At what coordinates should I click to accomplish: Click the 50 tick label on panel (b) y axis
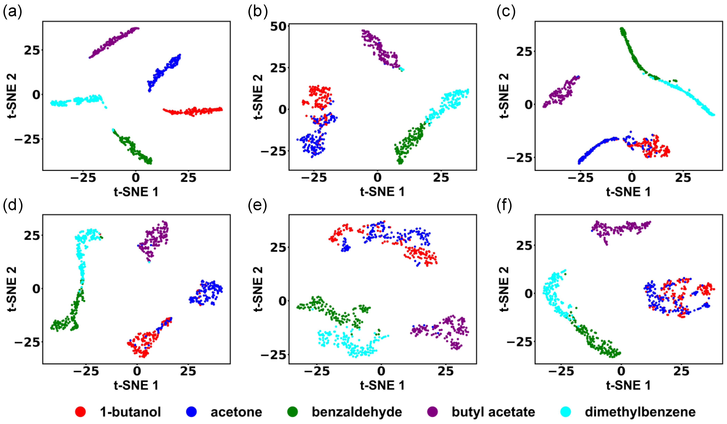tap(278, 27)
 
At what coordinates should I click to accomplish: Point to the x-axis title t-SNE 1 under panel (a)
tap(136, 192)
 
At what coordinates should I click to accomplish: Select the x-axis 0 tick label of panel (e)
tap(381, 371)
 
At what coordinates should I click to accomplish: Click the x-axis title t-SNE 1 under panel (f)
tap(629, 385)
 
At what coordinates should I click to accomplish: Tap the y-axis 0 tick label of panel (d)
tap(36, 289)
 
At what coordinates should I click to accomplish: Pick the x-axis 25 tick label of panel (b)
tap(441, 178)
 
